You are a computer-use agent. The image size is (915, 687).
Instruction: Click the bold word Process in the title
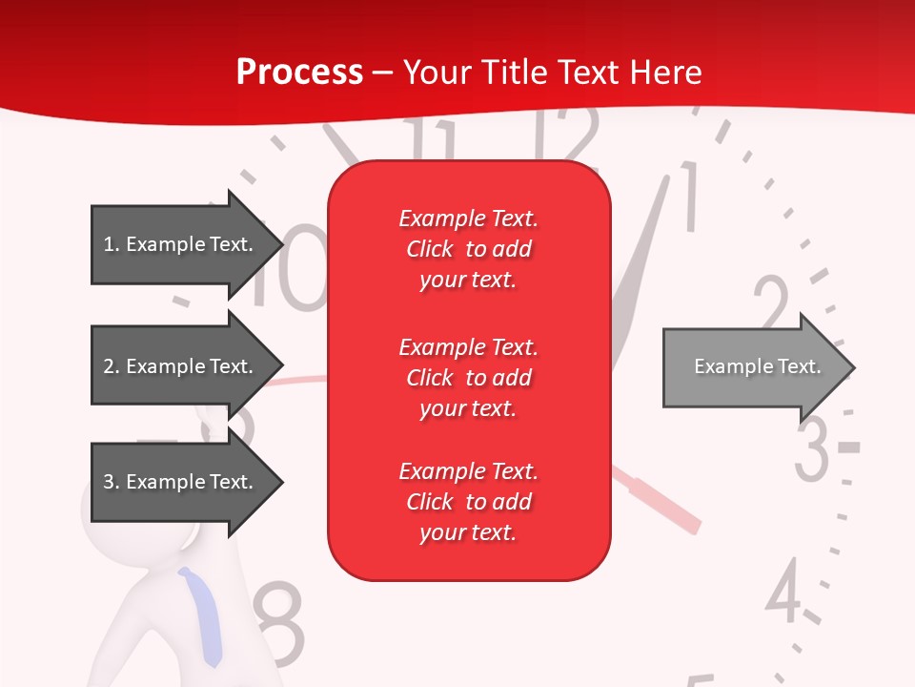[299, 73]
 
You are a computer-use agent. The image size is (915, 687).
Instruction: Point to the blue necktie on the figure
[203, 615]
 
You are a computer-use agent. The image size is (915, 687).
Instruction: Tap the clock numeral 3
[813, 448]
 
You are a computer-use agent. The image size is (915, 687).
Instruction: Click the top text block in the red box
[468, 249]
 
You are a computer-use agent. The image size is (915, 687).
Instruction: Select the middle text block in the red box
[468, 378]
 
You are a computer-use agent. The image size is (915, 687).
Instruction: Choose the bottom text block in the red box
[468, 502]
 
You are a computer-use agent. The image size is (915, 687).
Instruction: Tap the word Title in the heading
[514, 73]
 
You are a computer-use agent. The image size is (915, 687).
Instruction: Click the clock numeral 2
[774, 303]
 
